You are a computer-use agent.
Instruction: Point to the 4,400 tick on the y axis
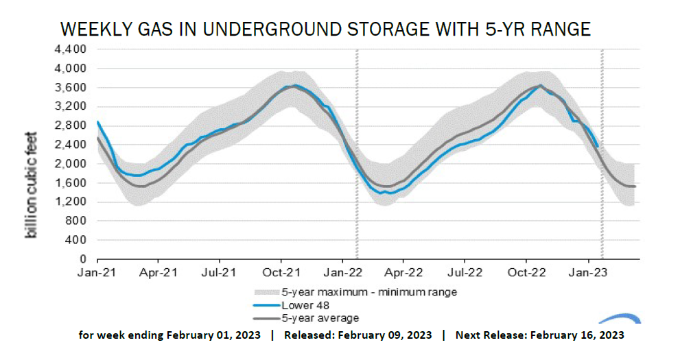pyautogui.click(x=71, y=50)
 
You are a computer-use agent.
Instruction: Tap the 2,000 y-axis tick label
pyautogui.click(x=71, y=164)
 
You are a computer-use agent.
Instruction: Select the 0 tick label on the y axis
pyautogui.click(x=82, y=260)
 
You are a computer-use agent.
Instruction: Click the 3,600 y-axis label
pyautogui.click(x=71, y=88)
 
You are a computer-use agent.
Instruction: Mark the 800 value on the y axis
pyautogui.click(x=75, y=221)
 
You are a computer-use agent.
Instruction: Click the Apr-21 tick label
pyautogui.click(x=159, y=271)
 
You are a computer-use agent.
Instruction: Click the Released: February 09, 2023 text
pyautogui.click(x=357, y=335)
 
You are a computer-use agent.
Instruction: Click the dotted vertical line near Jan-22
pyautogui.click(x=357, y=151)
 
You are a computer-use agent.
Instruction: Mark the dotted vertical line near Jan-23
pyautogui.click(x=602, y=151)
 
